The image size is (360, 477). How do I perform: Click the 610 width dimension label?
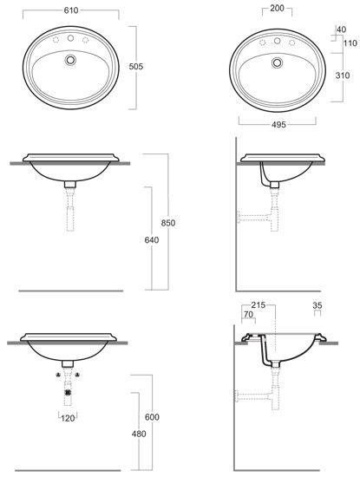coord(71,10)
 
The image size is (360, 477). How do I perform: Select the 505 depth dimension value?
coord(135,66)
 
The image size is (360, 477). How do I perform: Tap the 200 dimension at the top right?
coord(277,8)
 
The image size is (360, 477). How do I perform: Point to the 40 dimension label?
coord(342,29)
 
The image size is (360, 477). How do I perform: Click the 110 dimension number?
coord(350,43)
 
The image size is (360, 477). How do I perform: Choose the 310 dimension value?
coord(343,75)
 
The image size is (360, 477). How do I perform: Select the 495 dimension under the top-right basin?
coord(278,124)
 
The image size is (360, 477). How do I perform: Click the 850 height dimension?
coord(168,223)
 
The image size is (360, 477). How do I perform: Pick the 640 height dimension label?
coord(152,240)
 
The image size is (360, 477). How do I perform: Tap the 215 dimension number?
coord(258,304)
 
